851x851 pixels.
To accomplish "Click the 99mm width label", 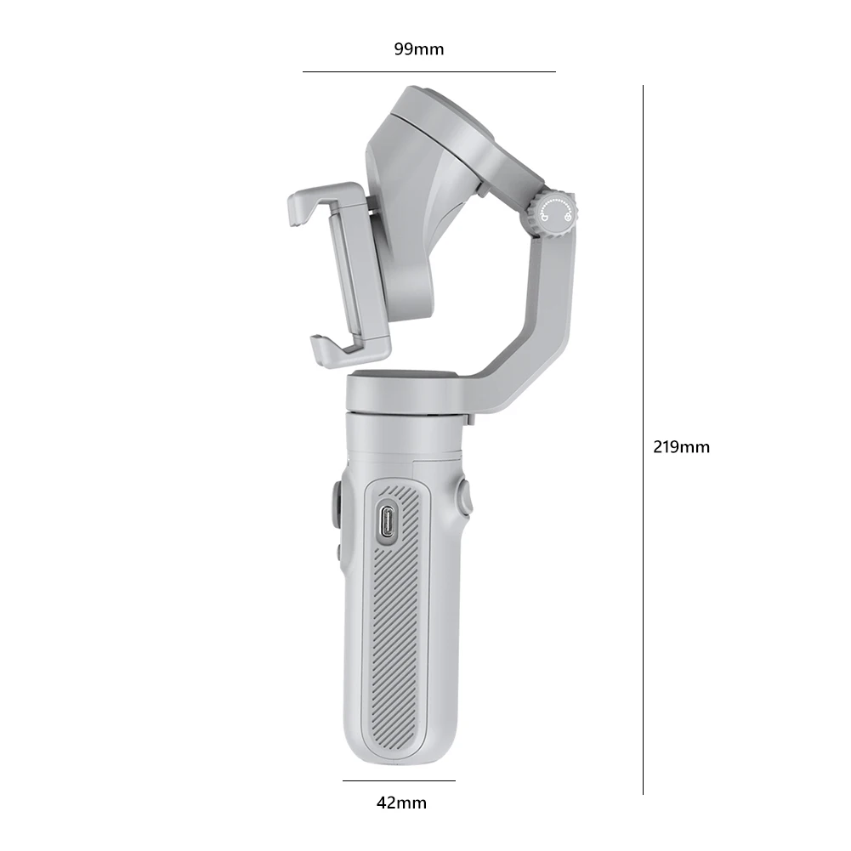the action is pyautogui.click(x=418, y=49).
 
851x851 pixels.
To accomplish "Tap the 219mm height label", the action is pyautogui.click(x=681, y=447).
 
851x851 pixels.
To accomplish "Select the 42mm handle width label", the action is pyautogui.click(x=401, y=803).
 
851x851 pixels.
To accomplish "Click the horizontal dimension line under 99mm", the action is pyautogui.click(x=429, y=71).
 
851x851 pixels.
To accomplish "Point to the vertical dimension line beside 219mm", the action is pyautogui.click(x=643, y=440).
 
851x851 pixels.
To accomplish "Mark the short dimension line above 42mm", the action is pyautogui.click(x=399, y=781).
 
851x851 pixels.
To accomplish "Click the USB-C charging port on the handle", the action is pyautogui.click(x=388, y=522).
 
